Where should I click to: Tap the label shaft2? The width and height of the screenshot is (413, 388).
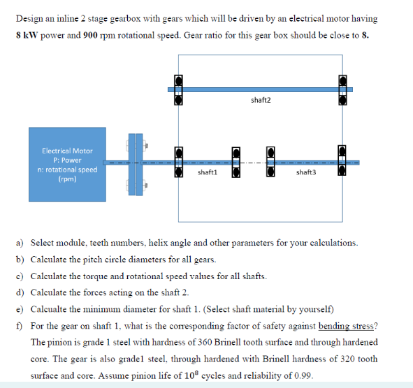click(260, 100)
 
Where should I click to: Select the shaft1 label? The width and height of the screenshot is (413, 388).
click(207, 172)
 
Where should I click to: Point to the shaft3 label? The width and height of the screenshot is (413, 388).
click(305, 172)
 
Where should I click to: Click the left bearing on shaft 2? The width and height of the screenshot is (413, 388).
click(178, 89)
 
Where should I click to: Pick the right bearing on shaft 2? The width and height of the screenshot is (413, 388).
click(342, 89)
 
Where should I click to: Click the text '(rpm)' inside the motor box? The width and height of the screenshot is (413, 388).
click(66, 179)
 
